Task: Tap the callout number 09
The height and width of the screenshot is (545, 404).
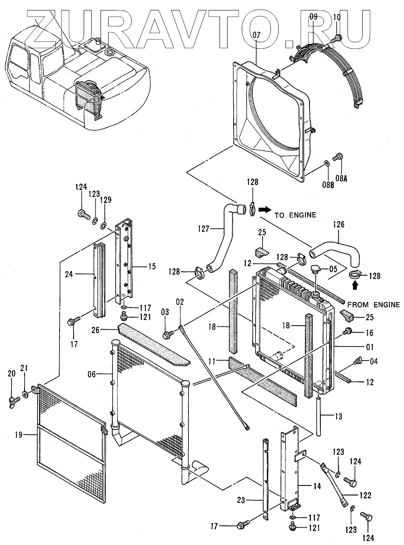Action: [313, 18]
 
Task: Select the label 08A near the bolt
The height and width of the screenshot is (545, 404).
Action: [341, 178]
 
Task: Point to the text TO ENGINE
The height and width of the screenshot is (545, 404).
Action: [295, 215]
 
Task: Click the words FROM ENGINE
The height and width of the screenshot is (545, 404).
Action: [374, 305]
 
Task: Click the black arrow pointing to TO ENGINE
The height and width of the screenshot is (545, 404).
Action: [264, 210]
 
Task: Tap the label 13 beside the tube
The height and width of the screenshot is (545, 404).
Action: [339, 416]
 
